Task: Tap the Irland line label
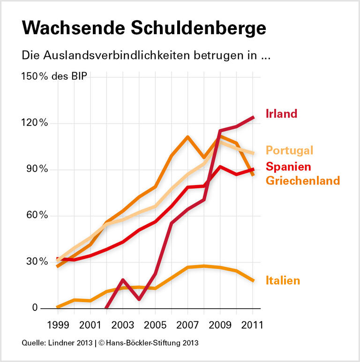pos(282,114)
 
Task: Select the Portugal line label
pos(289,150)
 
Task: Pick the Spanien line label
pos(288,166)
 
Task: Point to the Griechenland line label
pos(303,180)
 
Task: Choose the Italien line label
pos(283,281)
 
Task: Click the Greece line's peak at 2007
pos(187,137)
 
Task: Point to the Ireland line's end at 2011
pos(254,117)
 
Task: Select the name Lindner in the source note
pos(60,343)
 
